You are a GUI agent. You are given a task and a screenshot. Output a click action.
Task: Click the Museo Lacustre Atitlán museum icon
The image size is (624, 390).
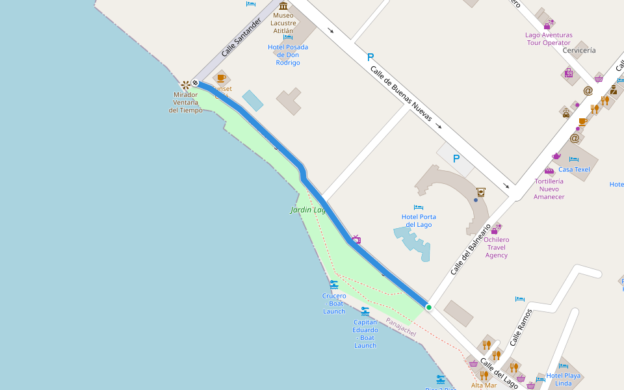coord(283,6)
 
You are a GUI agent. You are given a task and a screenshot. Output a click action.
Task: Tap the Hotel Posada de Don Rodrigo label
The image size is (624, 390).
coord(287,55)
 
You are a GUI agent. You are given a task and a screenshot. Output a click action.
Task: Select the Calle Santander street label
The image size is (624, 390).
coord(240,36)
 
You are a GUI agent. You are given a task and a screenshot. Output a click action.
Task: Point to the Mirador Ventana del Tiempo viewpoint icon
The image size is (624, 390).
coord(186,84)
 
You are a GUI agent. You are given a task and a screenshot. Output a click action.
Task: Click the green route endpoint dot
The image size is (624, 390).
coord(429,307)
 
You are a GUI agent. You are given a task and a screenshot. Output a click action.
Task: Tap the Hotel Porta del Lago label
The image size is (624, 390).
coord(419,221)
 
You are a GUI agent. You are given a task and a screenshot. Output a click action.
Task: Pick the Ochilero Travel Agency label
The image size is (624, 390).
coord(497,247)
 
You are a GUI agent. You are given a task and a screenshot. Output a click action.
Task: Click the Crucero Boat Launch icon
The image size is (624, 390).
coord(334,285)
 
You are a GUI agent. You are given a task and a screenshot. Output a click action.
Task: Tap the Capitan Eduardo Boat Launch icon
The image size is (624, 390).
coord(365,311)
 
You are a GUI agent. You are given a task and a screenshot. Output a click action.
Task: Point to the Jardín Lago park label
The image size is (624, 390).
coord(308,210)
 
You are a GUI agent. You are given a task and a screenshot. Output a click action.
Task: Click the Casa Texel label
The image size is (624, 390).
coord(574,170)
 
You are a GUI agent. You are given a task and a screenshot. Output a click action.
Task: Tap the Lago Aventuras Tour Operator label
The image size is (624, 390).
coord(549,39)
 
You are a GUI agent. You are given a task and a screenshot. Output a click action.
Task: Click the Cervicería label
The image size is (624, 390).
coord(579,50)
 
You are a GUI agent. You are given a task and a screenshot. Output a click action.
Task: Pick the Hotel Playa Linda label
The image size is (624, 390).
coord(564,379)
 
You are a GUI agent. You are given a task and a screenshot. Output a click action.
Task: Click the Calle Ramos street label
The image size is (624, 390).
coord(521,326)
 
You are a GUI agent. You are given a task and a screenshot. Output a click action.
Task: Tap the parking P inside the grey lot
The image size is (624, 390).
coord(456,158)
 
